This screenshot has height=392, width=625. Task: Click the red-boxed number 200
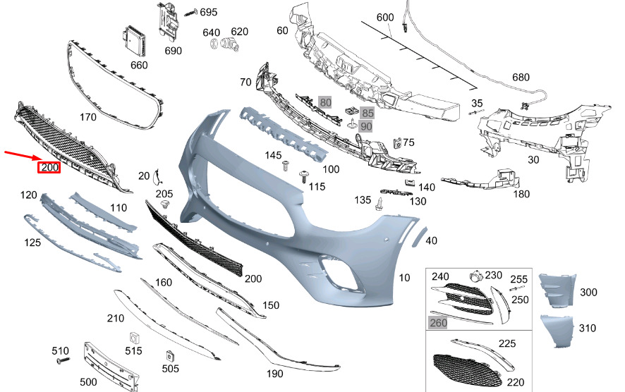pyautogui.click(x=49, y=167)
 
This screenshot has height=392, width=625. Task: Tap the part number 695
pyautogui.click(x=209, y=13)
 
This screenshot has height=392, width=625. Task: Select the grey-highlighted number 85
pyautogui.click(x=367, y=113)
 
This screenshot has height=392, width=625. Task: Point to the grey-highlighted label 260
pyautogui.click(x=438, y=323)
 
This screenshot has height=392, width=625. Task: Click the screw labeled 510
pyautogui.click(x=63, y=360)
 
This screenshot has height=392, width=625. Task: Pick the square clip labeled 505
pyautogui.click(x=170, y=355)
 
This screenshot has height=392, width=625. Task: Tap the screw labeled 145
pyautogui.click(x=286, y=166)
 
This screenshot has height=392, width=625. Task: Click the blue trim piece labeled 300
pyautogui.click(x=558, y=290)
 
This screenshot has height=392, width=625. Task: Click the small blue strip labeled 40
pyautogui.click(x=418, y=236)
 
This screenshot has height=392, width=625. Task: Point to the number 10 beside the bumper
pyautogui.click(x=404, y=278)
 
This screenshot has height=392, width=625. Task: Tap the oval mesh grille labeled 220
pyautogui.click(x=467, y=370)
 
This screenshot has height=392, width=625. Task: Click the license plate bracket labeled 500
pyautogui.click(x=111, y=367)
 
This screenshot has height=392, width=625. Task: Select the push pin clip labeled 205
pyautogui.click(x=164, y=206)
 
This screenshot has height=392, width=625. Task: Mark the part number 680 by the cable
pyautogui.click(x=521, y=78)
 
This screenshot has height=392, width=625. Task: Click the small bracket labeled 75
pyautogui.click(x=397, y=143)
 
